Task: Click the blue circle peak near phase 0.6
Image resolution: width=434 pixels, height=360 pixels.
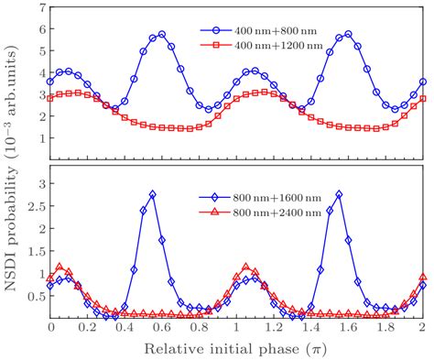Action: (162, 34)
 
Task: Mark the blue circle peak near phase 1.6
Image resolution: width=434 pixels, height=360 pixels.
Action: (348, 34)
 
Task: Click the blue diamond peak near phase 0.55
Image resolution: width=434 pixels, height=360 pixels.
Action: (152, 194)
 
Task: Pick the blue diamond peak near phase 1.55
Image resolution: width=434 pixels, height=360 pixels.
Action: (339, 194)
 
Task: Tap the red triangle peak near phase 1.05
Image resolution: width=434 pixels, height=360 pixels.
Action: (245, 267)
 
